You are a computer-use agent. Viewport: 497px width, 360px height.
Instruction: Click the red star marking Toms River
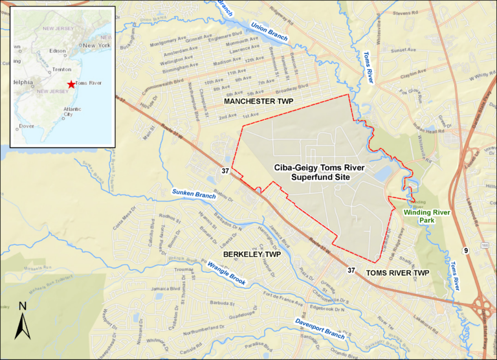click(71, 84)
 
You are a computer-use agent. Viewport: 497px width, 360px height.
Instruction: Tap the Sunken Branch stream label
click(193, 193)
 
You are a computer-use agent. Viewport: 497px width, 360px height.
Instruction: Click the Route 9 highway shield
click(465, 249)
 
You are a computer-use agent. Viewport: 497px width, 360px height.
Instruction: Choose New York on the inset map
click(96, 45)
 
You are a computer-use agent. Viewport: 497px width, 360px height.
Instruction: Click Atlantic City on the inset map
click(72, 114)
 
